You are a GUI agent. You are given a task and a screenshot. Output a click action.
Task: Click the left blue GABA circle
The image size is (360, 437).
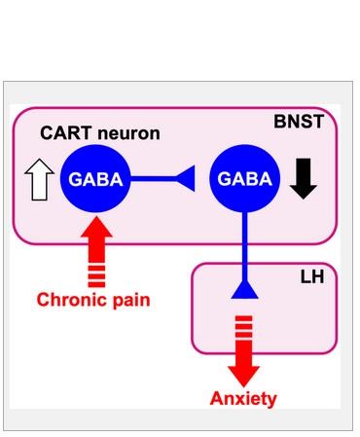[94, 179]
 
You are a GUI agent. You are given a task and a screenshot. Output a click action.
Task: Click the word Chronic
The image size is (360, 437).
[71, 298]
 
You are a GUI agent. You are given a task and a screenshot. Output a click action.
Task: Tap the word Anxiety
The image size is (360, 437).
[243, 398]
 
